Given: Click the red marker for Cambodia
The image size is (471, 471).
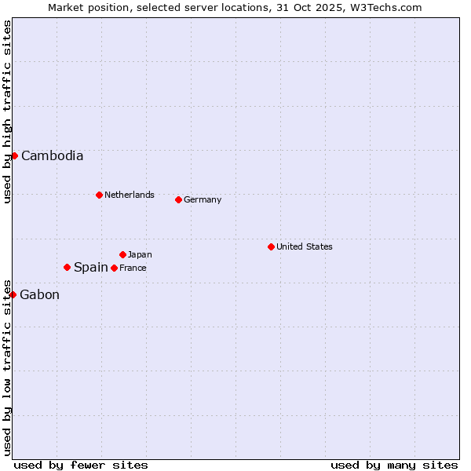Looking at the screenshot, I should [14, 155].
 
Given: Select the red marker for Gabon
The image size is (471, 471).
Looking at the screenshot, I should [13, 294].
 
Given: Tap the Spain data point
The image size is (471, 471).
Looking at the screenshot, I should [67, 267].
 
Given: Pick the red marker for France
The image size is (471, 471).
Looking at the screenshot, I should [114, 268].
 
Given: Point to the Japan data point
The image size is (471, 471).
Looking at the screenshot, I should [122, 254].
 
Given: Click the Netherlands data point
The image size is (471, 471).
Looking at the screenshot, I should [99, 195].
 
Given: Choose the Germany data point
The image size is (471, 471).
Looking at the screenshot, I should [178, 199].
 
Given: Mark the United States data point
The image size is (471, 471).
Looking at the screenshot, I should [271, 246].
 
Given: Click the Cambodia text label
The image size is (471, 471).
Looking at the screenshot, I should [52, 155].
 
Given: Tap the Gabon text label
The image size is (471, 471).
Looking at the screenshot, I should [39, 295].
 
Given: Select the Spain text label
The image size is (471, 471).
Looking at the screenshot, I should [90, 268].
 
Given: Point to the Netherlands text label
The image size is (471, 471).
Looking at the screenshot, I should [129, 195].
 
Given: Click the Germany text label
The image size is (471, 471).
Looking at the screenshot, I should [203, 199].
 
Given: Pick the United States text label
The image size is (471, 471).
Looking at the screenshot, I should [304, 246].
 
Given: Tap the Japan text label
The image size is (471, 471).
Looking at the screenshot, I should [140, 254].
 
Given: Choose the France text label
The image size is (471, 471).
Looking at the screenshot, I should [133, 268].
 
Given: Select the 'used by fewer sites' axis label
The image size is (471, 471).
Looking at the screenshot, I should [81, 465].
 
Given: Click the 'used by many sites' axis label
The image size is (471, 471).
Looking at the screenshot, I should [394, 465].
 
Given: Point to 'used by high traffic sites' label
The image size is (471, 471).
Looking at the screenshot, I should [7, 111].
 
